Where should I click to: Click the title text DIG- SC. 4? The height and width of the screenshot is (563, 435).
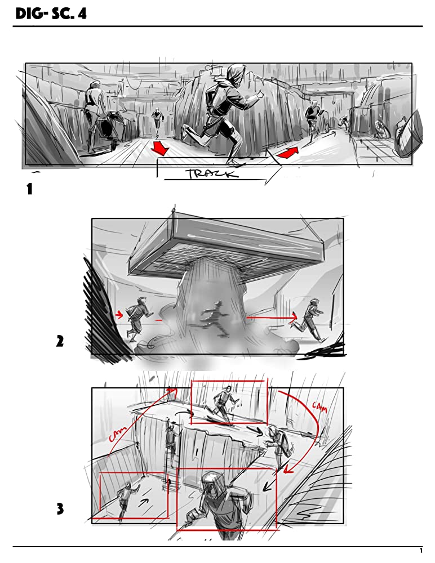click(x=51, y=14)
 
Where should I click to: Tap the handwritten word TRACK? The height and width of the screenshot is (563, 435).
click(x=212, y=174)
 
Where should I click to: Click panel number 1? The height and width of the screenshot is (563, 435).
click(x=29, y=189)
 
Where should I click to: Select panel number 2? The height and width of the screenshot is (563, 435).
click(x=60, y=341)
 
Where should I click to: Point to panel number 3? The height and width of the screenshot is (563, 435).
click(x=60, y=509)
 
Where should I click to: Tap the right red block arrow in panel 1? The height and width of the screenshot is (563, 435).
click(x=288, y=152)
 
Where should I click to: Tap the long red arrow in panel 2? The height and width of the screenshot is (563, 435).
click(x=272, y=318)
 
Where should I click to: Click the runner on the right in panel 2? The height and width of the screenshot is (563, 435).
click(x=309, y=320)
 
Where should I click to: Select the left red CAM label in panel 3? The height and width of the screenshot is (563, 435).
click(x=119, y=434)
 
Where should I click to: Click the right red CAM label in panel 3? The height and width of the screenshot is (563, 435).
click(x=320, y=407)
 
